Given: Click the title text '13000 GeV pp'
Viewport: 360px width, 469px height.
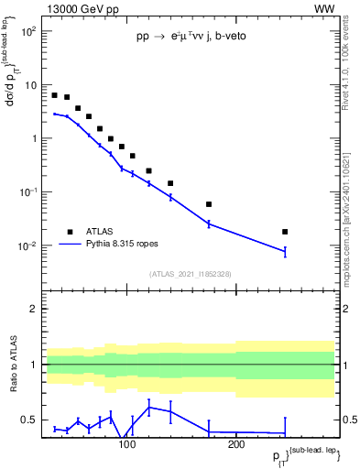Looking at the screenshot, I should click(80, 8).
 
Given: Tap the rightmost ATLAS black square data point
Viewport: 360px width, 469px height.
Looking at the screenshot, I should click(285, 232).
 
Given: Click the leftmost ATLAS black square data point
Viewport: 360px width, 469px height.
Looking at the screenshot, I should click(55, 95).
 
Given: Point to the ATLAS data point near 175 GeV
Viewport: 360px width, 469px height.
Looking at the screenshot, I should click(209, 204).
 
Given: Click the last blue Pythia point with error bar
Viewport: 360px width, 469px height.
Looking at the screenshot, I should click(285, 251).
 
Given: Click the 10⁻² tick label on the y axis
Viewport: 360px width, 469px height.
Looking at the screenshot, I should click(27, 245).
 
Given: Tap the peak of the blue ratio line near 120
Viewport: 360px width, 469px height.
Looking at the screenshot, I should click(149, 406).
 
